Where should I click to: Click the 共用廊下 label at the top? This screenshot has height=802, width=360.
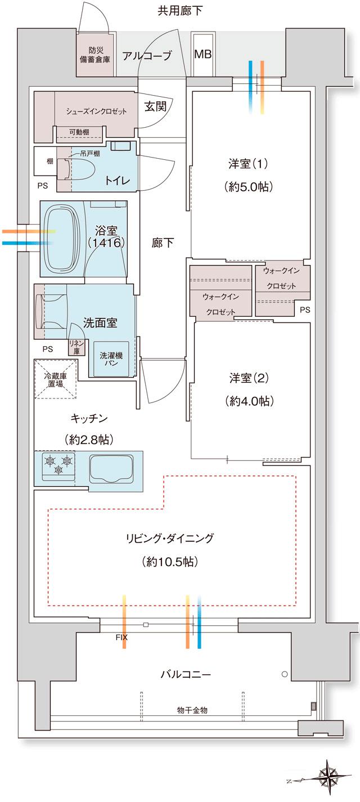[x=180, y=10]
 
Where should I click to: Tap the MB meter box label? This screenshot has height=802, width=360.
[x=202, y=55]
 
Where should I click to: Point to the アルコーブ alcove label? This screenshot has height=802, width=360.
[x=147, y=55]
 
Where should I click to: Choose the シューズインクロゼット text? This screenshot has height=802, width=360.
[x=96, y=111]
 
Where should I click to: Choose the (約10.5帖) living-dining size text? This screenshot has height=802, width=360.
[x=169, y=561]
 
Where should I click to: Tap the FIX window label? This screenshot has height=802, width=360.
[x=121, y=638]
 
